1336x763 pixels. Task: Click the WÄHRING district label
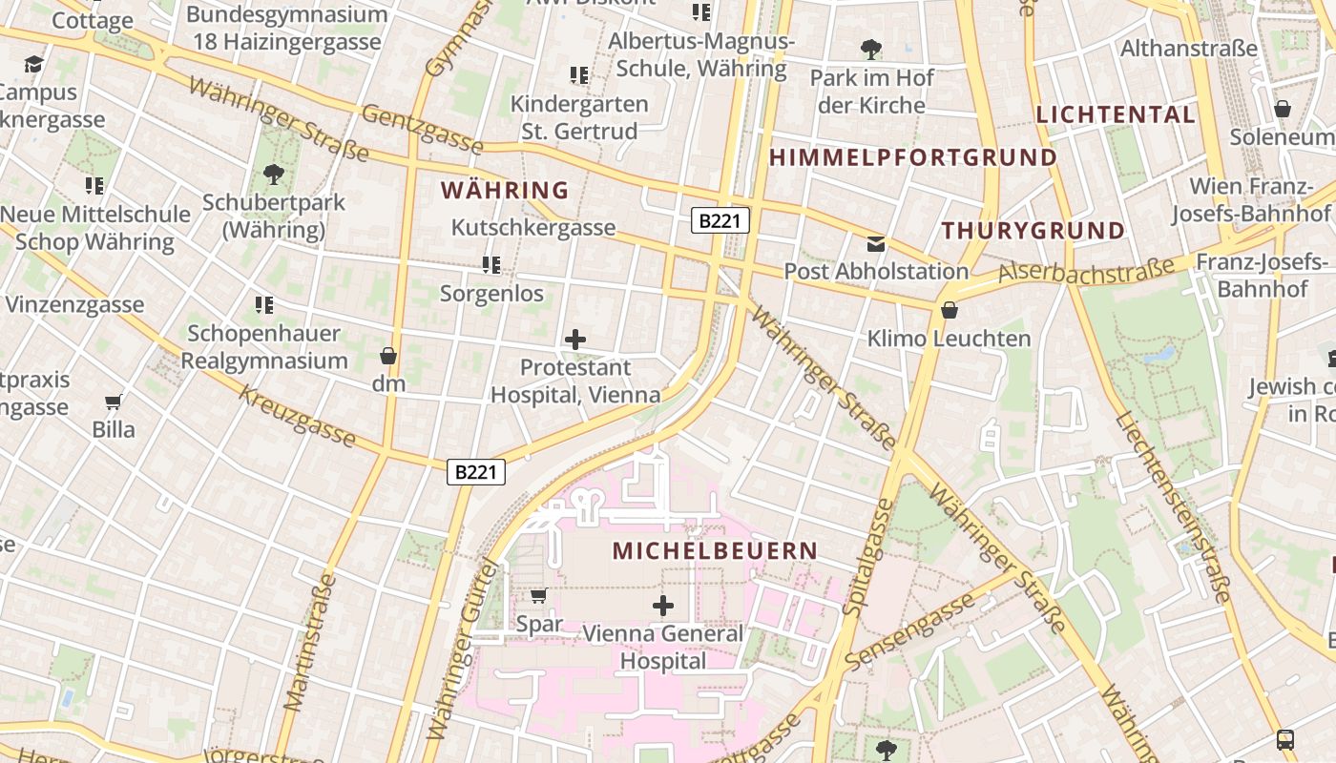click(505, 190)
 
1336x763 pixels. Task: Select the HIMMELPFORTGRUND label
click(913, 157)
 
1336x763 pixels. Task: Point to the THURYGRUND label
click(1033, 230)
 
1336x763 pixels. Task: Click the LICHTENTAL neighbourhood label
click(1116, 114)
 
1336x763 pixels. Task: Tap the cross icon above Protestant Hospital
click(575, 339)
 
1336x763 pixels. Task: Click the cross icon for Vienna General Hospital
click(662, 605)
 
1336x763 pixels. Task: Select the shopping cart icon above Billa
click(114, 402)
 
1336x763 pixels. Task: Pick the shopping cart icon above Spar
click(538, 596)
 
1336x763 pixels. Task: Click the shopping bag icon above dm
click(388, 356)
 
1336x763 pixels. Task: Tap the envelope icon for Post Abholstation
click(876, 244)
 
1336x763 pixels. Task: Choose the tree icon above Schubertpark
click(274, 175)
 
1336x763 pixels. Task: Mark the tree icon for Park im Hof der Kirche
click(870, 50)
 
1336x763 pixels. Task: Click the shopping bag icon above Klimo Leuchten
click(949, 310)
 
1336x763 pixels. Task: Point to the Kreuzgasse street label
click(297, 417)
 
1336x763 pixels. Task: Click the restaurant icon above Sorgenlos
click(491, 264)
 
